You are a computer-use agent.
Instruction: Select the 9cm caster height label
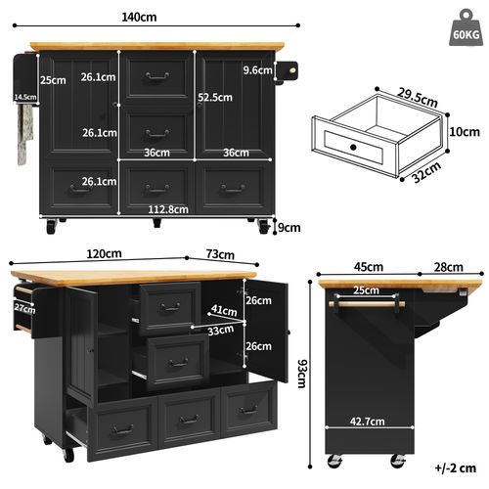(x=287, y=229)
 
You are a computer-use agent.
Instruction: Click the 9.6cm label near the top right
(x=257, y=70)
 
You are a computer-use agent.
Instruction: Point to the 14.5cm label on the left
(x=25, y=97)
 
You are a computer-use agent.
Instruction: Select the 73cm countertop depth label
(x=222, y=255)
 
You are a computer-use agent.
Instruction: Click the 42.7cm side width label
(x=368, y=422)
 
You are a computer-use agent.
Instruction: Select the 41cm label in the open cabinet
(x=224, y=311)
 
